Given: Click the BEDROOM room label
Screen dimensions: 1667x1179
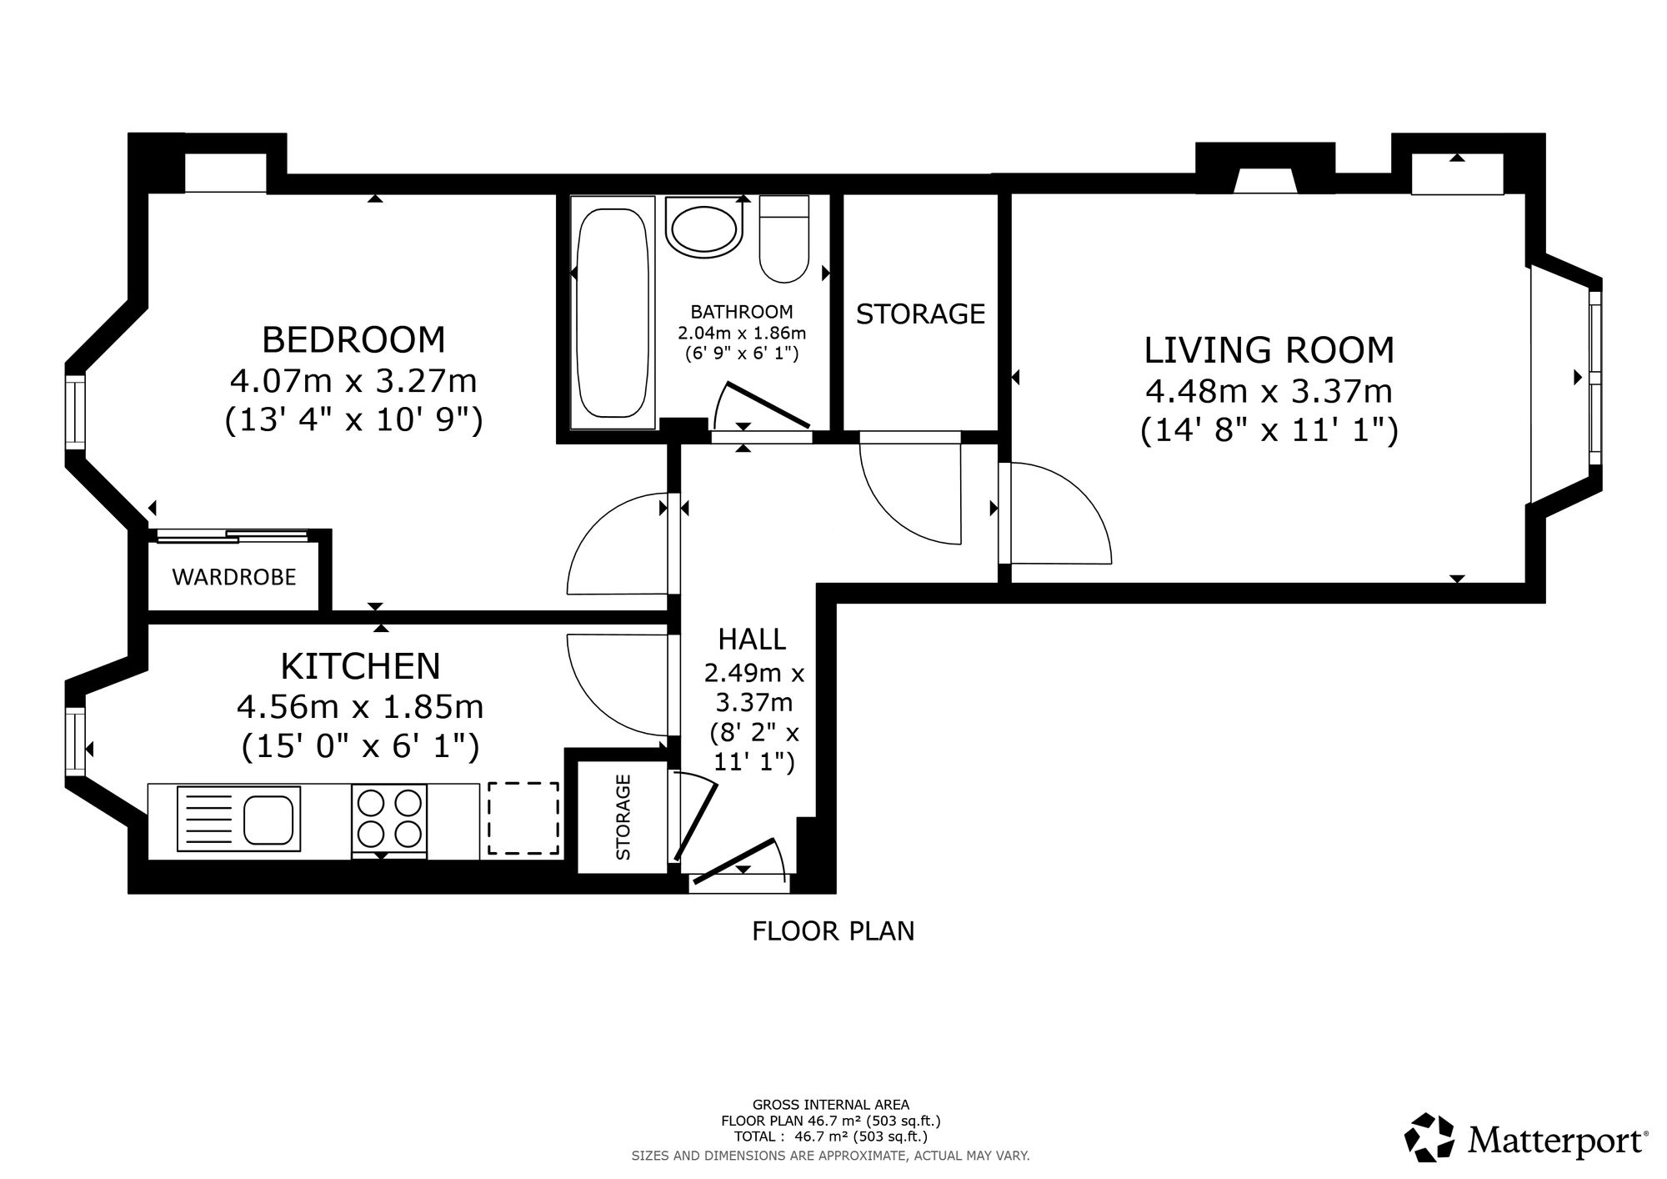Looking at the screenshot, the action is tap(353, 340).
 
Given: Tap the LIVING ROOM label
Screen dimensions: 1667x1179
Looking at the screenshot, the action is tap(1269, 350).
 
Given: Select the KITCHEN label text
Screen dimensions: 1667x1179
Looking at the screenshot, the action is tap(360, 666).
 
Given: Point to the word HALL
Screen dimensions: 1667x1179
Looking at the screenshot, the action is tap(752, 640).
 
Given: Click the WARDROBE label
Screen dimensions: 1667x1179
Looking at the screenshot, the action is tap(234, 577).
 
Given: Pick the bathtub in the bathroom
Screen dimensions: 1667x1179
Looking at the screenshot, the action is tap(613, 314).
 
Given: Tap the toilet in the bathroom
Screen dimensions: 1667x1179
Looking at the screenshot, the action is tap(784, 239).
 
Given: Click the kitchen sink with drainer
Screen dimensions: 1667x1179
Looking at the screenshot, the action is tap(238, 819).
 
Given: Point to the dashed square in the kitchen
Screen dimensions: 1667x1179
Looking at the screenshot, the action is tap(523, 818).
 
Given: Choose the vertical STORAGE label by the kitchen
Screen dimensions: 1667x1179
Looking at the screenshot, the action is tap(623, 817).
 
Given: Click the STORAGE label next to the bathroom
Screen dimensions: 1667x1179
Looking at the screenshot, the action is tap(920, 314).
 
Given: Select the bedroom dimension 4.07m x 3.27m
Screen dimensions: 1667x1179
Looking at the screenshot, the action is tap(353, 381).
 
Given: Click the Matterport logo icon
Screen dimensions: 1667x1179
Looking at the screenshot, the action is tap(1431, 1137).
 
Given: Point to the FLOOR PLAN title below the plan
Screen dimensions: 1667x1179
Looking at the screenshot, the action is tap(833, 931).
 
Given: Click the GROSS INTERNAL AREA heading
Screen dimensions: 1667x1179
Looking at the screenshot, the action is tap(831, 1106).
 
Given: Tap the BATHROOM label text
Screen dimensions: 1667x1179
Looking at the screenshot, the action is tap(742, 312).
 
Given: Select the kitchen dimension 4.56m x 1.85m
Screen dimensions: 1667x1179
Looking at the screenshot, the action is tap(360, 707).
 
